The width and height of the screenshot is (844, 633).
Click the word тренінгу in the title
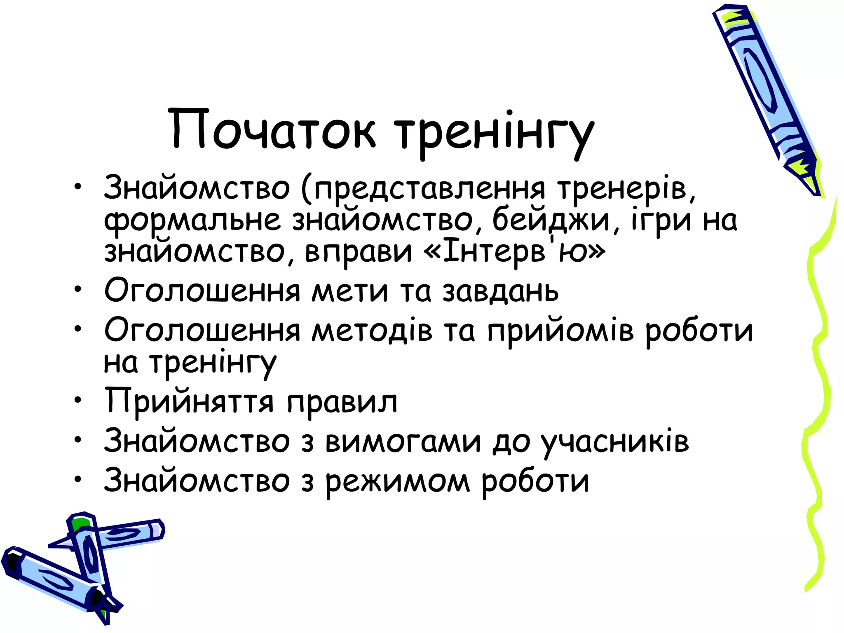point(494,132)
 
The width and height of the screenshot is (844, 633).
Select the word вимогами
point(403,441)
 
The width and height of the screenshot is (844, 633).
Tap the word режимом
point(397,481)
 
